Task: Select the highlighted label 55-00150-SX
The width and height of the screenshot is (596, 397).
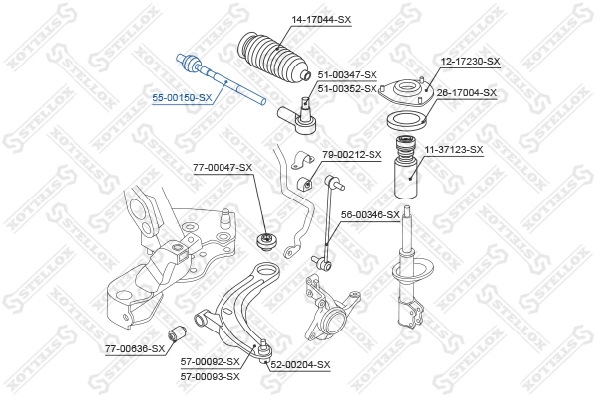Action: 182,98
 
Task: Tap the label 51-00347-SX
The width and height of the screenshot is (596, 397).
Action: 348,75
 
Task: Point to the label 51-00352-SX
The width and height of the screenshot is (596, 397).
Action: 348,88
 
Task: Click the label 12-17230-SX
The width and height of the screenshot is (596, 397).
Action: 470,62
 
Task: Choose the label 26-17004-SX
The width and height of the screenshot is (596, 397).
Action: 467,93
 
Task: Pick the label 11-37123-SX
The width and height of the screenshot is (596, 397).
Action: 454,150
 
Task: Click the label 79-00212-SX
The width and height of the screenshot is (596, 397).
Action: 352,155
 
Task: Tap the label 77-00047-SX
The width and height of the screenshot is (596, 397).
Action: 223,168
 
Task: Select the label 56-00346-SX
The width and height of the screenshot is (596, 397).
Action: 371,214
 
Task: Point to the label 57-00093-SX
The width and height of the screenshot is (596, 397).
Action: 211,376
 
